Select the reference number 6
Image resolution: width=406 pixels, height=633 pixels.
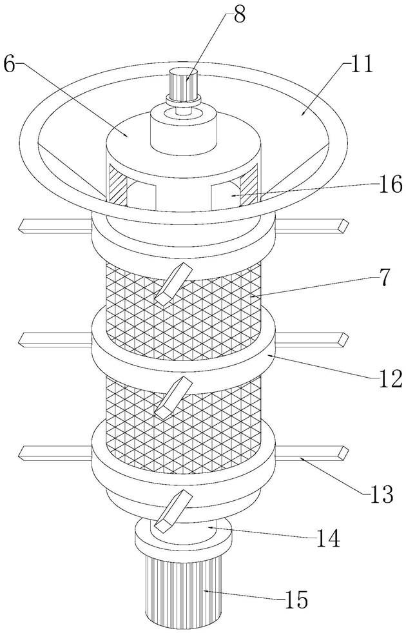[x=10, y=63]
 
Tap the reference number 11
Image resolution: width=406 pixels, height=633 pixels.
[x=361, y=65]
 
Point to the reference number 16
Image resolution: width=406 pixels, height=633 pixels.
[x=390, y=184]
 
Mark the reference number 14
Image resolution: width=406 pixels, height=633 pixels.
[x=327, y=540]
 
